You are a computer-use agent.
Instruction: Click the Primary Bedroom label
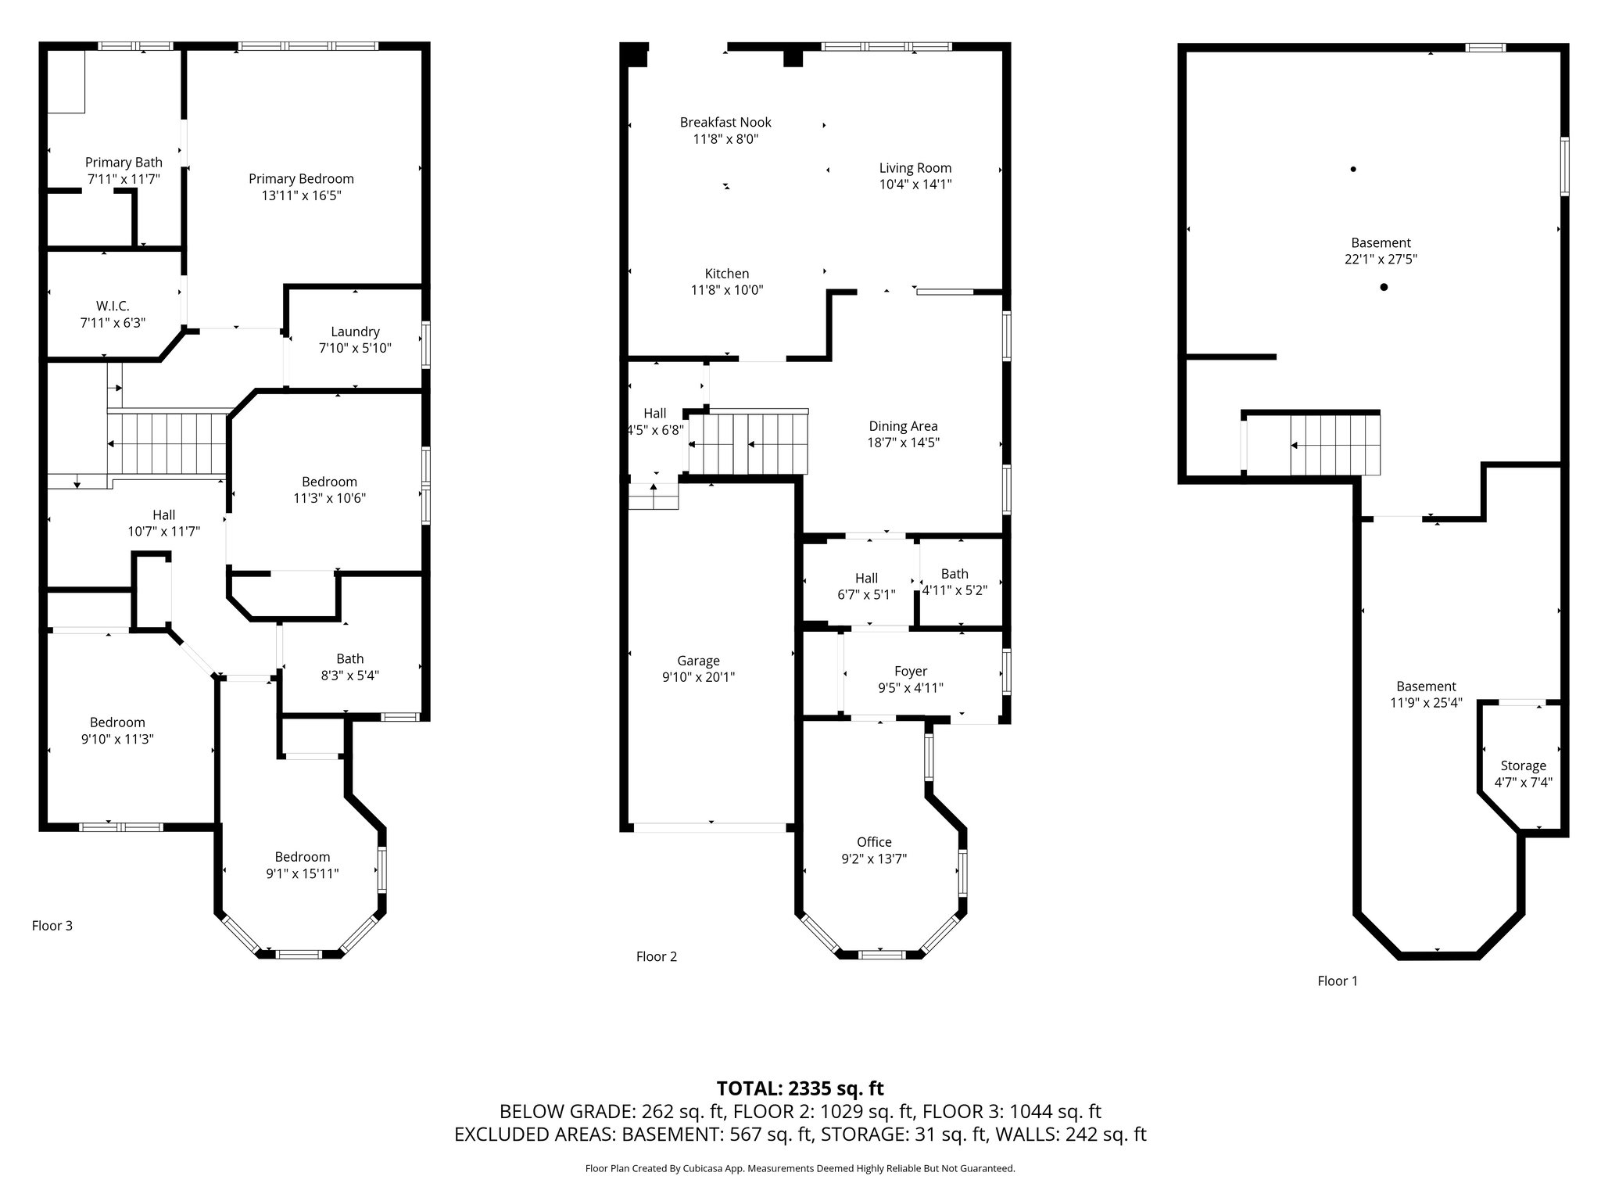tap(301, 179)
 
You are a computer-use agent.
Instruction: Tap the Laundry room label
tap(355, 332)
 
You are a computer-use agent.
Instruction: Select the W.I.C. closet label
tap(113, 306)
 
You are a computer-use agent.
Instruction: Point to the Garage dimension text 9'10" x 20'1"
tap(698, 677)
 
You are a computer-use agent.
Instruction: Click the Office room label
tap(874, 842)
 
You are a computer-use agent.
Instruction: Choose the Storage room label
tap(1523, 765)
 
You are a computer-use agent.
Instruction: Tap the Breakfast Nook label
tap(725, 122)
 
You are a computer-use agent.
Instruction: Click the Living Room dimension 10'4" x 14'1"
tap(915, 185)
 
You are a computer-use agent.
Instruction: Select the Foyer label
tap(911, 672)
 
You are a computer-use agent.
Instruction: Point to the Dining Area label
tap(903, 426)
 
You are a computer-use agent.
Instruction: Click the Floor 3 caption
tap(52, 926)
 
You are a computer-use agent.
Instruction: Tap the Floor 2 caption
tap(657, 956)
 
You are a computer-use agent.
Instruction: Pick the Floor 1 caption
tap(1338, 981)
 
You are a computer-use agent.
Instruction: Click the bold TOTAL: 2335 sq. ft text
tap(800, 1088)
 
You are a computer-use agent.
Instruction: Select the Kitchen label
tap(727, 274)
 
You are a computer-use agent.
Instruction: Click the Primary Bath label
tap(124, 163)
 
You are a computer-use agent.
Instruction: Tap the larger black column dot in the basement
tap(1384, 287)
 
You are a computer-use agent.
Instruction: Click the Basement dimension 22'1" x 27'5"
tap(1381, 260)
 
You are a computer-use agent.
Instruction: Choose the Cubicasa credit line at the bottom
tap(800, 1168)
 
